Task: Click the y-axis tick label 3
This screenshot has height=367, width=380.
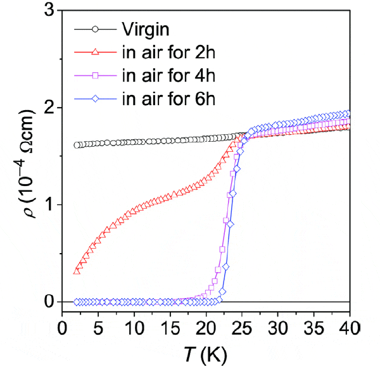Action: click(x=48, y=11)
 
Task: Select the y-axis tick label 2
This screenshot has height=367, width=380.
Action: click(x=48, y=108)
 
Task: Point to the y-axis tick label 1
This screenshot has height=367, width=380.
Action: click(x=48, y=204)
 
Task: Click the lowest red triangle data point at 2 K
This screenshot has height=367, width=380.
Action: click(x=77, y=271)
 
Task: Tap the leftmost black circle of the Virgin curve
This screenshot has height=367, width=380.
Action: click(x=77, y=145)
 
